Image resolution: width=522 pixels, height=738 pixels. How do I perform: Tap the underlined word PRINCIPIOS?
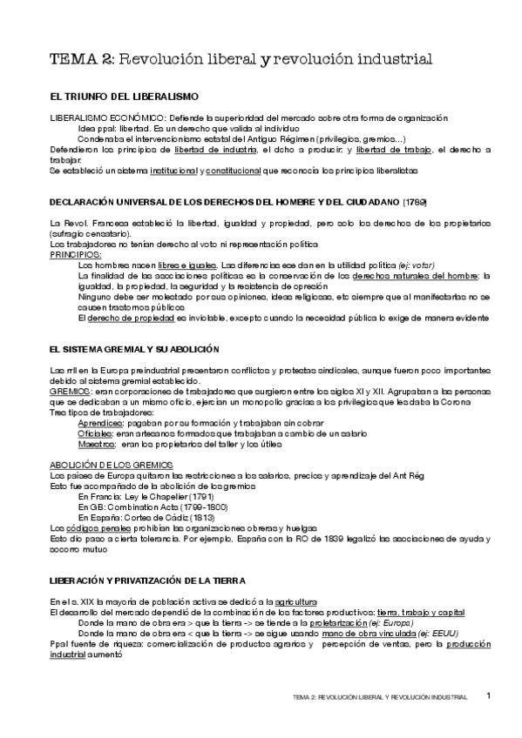click(75, 255)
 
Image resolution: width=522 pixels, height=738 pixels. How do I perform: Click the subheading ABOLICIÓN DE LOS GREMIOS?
click(112, 465)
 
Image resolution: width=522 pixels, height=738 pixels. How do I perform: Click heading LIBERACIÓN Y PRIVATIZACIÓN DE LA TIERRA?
click(147, 580)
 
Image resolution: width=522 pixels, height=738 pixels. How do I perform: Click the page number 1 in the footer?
click(489, 695)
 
